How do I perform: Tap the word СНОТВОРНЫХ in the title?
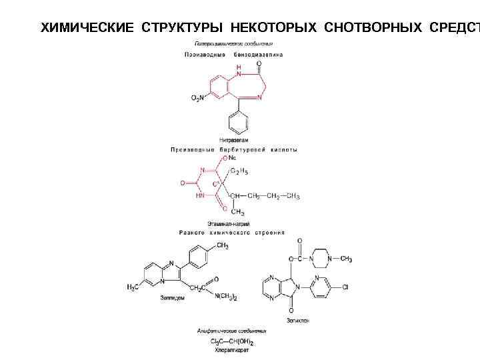tap(373, 27)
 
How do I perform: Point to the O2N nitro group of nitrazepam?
tap(199, 97)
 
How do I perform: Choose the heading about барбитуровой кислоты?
tap(233, 150)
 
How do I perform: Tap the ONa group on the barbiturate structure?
tap(229, 159)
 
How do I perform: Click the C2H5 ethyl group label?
tap(239, 172)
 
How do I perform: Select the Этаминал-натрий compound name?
tap(229, 224)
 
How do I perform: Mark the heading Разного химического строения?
tap(231, 233)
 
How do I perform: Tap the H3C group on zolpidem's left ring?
tap(134, 287)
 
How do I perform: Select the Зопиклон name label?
tap(298, 321)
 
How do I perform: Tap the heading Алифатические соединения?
tap(231, 331)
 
